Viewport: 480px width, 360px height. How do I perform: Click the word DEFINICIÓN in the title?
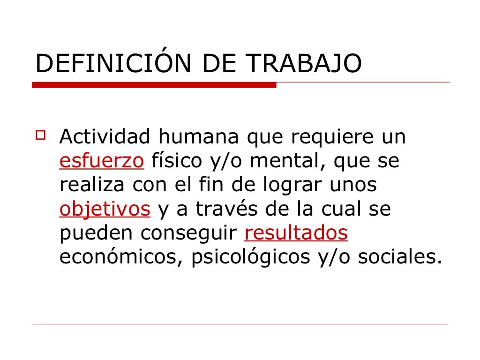point(113,64)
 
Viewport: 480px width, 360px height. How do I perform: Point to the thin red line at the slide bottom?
point(240,324)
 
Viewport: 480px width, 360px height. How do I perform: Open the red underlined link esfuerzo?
point(101,161)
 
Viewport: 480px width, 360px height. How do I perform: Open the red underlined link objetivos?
point(105,210)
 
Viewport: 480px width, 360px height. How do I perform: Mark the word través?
point(225,210)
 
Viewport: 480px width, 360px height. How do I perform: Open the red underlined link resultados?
point(296,233)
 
